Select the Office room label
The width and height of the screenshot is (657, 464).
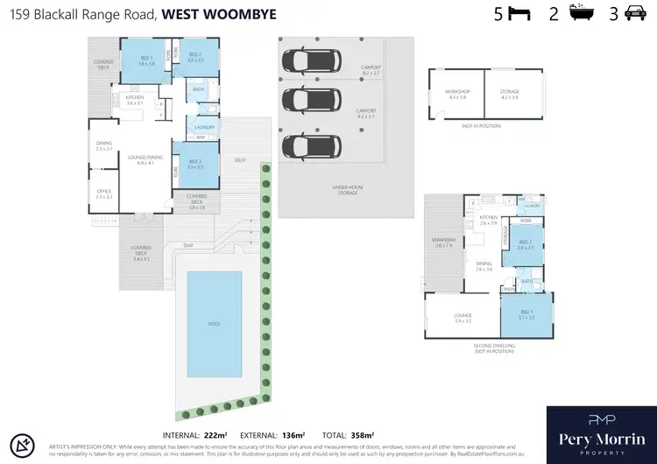(103, 193)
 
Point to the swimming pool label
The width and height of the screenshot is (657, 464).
(214, 323)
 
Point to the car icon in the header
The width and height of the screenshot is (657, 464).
(633, 13)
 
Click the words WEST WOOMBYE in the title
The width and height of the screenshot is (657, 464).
(215, 14)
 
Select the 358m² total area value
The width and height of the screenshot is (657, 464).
(361, 435)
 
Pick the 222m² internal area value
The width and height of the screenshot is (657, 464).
(215, 435)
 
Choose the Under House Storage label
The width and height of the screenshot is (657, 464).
(349, 190)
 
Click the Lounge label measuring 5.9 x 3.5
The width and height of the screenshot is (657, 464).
(463, 318)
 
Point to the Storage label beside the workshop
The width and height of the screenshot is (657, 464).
(510, 93)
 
